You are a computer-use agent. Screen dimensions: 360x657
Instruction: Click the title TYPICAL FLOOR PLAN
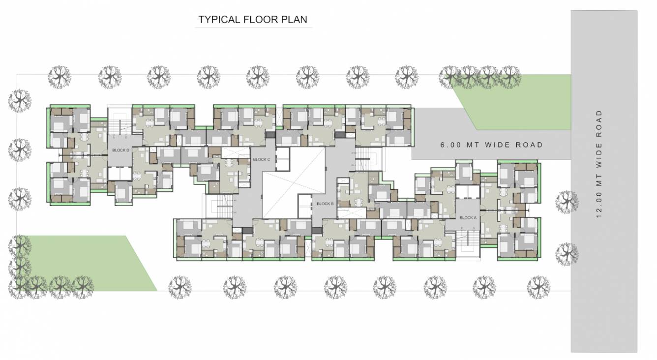(253, 20)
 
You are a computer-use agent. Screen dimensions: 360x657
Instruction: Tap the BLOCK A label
(468, 217)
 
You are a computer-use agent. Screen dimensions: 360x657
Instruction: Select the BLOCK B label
(325, 204)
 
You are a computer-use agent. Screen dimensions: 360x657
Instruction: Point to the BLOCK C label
(261, 159)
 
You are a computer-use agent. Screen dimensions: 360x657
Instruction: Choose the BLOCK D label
(120, 150)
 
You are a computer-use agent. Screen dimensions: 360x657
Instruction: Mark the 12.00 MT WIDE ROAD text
(598, 164)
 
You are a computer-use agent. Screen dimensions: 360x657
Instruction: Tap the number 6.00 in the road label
(449, 145)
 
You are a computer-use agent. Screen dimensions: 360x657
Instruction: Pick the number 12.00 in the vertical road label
(598, 208)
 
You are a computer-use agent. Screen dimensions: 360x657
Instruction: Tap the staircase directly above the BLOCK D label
(119, 125)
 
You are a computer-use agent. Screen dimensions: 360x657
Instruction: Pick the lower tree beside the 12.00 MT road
(567, 254)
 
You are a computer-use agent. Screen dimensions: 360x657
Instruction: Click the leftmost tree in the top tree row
(60, 77)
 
